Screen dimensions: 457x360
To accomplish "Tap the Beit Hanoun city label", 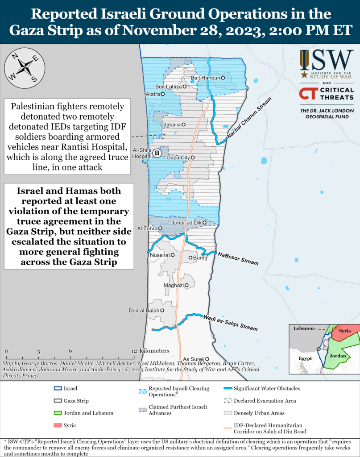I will point(205,78).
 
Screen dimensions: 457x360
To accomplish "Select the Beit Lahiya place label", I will point(168,87).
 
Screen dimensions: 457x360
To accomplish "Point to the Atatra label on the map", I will point(153,94).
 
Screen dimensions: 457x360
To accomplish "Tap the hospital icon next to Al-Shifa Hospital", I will point(157,153).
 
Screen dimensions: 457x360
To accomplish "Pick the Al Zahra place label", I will point(146,228).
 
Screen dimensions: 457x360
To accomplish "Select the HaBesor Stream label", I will point(238,258).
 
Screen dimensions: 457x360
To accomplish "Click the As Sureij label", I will point(194,359).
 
